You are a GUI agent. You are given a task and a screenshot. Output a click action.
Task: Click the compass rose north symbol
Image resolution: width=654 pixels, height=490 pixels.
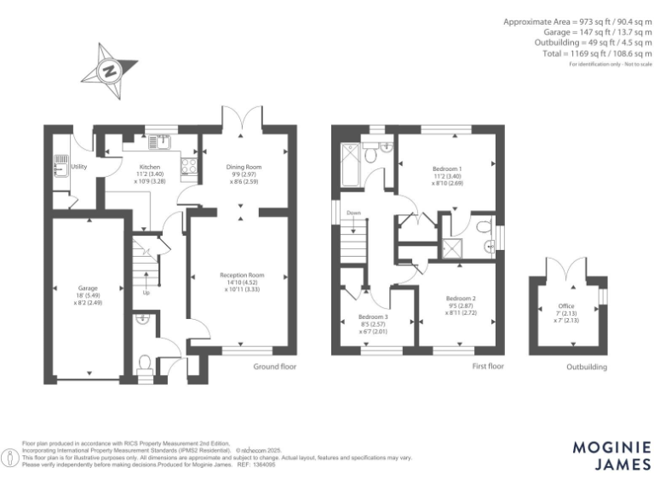pyautogui.click(x=109, y=70)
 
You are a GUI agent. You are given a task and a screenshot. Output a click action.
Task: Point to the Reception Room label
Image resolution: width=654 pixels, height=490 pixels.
pyautogui.click(x=243, y=275)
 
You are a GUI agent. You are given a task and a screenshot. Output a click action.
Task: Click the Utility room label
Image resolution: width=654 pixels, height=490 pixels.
pyautogui.click(x=79, y=167)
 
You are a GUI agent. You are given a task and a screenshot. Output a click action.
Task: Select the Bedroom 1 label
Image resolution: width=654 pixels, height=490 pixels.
pyautogui.click(x=447, y=168)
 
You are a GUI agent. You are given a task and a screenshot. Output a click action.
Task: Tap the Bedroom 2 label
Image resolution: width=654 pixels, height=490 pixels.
pyautogui.click(x=461, y=299)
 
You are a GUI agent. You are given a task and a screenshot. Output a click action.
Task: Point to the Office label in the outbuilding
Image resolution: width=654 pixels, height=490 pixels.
pyautogui.click(x=566, y=305)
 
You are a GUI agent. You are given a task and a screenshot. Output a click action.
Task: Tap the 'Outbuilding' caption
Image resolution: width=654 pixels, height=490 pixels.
pyautogui.click(x=587, y=367)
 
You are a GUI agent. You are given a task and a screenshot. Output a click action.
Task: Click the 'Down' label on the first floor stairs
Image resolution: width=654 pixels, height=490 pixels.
pyautogui.click(x=352, y=214)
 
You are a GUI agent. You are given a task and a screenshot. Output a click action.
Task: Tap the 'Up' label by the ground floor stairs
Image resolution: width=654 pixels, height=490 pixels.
pyautogui.click(x=146, y=293)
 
